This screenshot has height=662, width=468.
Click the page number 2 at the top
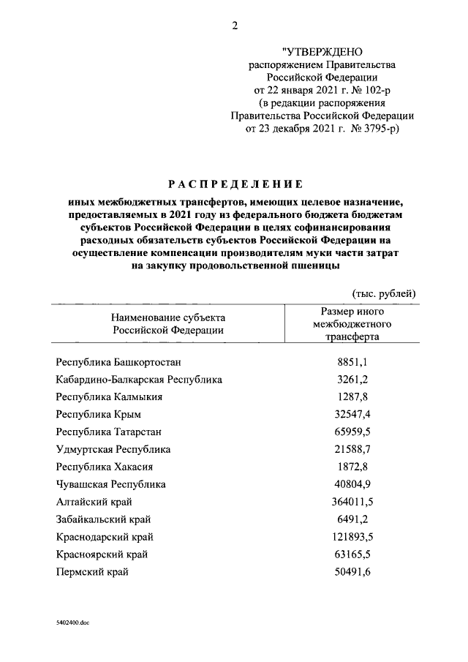click(x=235, y=27)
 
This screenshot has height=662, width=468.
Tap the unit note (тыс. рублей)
click(x=384, y=293)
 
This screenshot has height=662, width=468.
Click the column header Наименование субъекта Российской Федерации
click(x=168, y=324)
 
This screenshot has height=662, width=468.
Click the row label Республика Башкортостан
click(x=118, y=362)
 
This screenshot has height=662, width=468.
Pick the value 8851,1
click(x=352, y=362)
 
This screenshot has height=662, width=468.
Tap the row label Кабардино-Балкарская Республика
click(x=139, y=380)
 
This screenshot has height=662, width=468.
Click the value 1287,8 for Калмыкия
click(x=352, y=396)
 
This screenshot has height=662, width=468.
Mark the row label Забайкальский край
click(x=103, y=519)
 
